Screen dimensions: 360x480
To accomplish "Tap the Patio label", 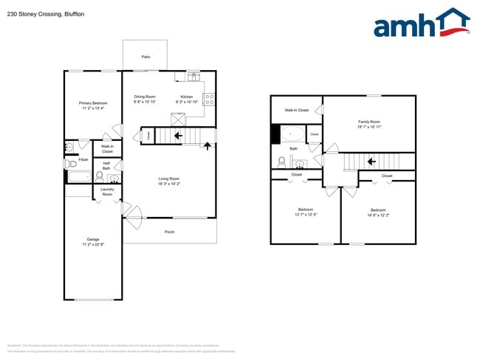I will click(x=145, y=57).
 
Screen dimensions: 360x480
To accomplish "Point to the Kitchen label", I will click(x=187, y=97).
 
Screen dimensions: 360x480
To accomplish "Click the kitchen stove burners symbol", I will click(x=208, y=97).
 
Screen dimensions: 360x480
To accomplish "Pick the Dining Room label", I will click(x=145, y=97).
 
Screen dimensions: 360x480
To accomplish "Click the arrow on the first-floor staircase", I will click(x=178, y=136).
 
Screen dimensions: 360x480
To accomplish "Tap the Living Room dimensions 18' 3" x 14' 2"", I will click(x=169, y=184).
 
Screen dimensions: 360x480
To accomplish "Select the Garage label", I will click(x=93, y=240).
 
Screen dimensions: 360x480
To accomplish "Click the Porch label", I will click(x=169, y=232).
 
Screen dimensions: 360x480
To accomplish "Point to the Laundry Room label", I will click(x=107, y=192).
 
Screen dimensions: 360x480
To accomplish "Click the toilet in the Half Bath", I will click(x=100, y=176).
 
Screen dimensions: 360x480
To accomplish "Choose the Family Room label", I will click(x=368, y=122).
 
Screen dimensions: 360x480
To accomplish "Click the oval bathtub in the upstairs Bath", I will click(x=292, y=134).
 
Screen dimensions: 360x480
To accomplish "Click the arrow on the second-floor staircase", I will click(x=371, y=161).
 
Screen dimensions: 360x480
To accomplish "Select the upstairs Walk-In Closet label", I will click(x=296, y=110).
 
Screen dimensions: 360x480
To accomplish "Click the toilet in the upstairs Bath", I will click(x=281, y=161).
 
